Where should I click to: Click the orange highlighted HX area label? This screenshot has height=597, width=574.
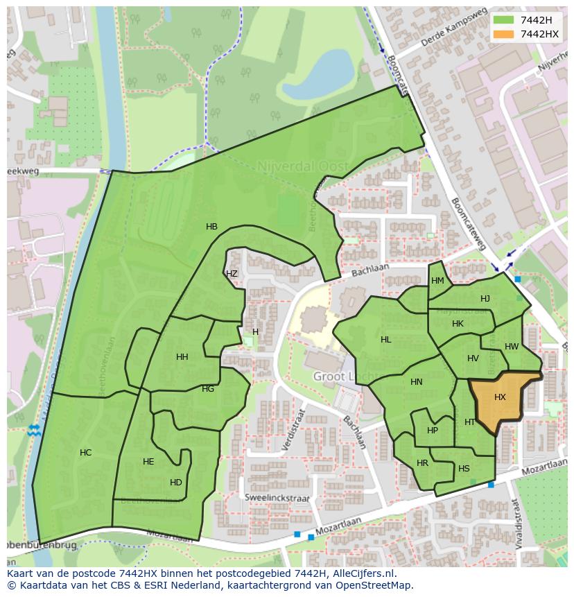pos(500,397)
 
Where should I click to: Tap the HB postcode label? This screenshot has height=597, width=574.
pos(211,227)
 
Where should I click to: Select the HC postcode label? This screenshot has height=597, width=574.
pos(85,453)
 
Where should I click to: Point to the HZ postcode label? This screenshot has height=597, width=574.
pos(232,274)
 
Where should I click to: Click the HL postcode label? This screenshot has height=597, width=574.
pos(385,340)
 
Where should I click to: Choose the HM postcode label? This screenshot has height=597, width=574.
pos(437,281)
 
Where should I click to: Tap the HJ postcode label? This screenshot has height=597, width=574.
pos(485,299)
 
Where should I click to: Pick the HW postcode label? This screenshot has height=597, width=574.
pos(512,347)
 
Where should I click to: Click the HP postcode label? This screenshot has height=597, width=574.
pos(433,431)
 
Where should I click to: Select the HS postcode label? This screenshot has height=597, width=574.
pos(464,469)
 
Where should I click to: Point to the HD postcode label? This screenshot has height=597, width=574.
pos(176,483)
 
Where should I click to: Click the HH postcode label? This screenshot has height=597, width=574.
pos(182,357)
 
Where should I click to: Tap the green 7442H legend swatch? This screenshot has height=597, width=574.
pos(503,20)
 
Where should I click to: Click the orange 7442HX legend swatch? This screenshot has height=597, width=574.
pos(503,34)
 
